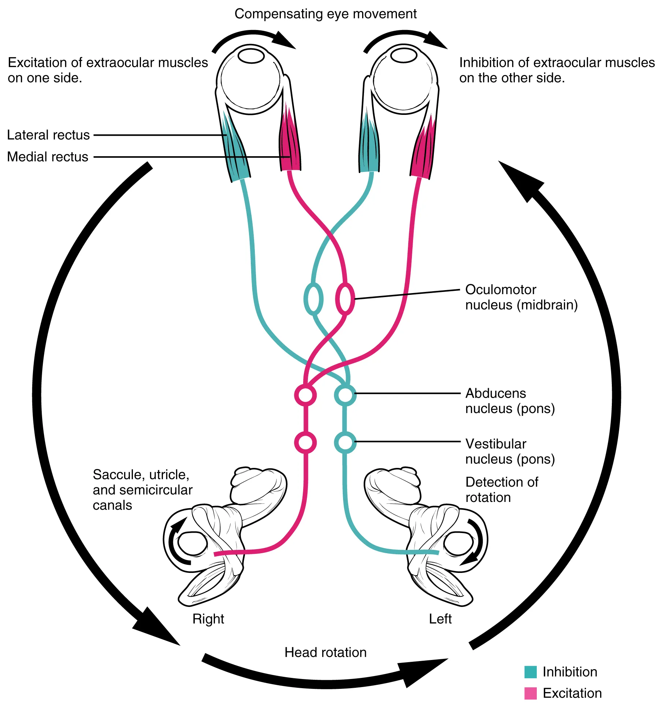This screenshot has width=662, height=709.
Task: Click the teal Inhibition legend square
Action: (x=530, y=672)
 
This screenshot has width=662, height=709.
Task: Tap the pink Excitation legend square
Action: (x=530, y=693)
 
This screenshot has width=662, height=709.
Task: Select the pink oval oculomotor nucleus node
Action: (x=345, y=299)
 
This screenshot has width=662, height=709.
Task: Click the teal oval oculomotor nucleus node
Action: (x=313, y=299)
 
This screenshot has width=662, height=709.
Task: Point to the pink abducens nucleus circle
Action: (x=305, y=395)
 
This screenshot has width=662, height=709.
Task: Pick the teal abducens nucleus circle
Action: (x=345, y=395)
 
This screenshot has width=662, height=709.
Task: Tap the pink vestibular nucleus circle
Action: (x=305, y=443)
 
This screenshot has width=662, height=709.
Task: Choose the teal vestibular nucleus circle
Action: (x=345, y=443)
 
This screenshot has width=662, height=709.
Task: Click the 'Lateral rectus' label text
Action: (x=48, y=135)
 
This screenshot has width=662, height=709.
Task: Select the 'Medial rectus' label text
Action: (x=48, y=157)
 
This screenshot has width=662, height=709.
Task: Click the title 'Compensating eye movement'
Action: (x=325, y=14)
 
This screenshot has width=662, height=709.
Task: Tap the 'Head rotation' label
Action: (x=325, y=652)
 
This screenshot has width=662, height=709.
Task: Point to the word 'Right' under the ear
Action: (x=208, y=619)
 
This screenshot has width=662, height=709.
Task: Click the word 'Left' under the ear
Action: (x=440, y=619)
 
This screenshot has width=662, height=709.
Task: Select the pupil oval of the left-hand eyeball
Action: (x=251, y=56)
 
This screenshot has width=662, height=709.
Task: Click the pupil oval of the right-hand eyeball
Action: (x=403, y=56)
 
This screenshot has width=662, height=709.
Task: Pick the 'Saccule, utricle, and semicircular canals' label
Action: (x=142, y=489)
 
